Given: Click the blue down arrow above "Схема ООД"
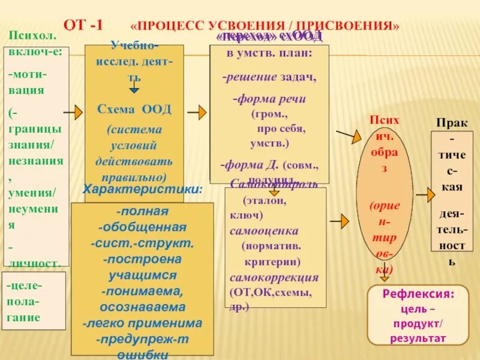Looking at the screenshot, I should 134,88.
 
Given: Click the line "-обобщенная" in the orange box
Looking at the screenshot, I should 142,227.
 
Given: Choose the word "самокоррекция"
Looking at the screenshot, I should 274,278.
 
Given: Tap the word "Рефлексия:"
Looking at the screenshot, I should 410,294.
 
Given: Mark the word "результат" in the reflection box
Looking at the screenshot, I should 410,338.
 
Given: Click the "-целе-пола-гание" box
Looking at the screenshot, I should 34,301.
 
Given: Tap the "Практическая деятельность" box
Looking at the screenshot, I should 452,191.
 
